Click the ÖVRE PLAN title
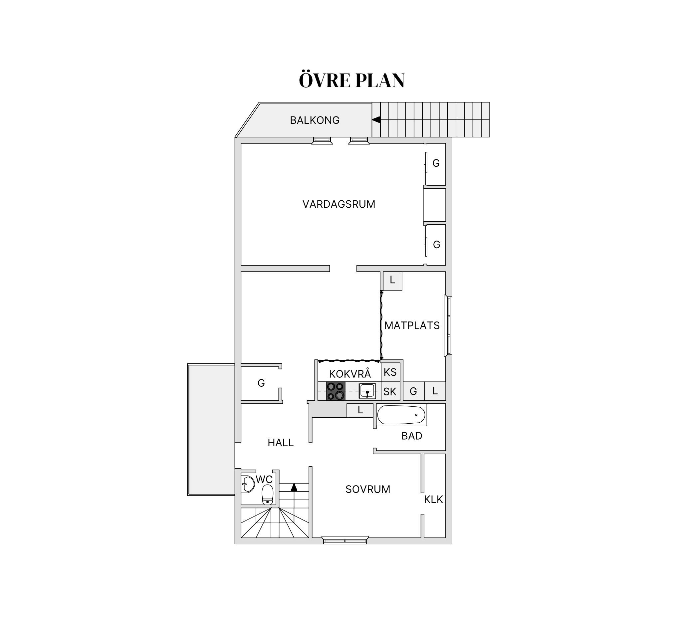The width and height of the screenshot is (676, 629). [351, 80]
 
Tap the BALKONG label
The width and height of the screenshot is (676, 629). [315, 120]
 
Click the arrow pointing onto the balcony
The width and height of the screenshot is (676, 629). [376, 120]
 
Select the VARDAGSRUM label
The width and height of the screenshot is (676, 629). [339, 204]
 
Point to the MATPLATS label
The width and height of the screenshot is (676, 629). [412, 325]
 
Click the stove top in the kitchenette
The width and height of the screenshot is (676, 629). [336, 391]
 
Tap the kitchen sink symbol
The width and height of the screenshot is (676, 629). [367, 391]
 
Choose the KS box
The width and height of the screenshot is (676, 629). [390, 372]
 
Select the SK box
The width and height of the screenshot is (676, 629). [390, 391]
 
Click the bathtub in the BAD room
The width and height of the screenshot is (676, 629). [401, 415]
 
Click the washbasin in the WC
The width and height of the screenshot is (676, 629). [248, 484]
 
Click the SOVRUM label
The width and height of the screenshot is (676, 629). [367, 489]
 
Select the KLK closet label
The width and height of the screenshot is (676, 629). [434, 500]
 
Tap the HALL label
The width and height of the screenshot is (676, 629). [281, 443]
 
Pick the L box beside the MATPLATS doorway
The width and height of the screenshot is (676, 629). [393, 281]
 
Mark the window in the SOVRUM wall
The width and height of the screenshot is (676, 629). [345, 540]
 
